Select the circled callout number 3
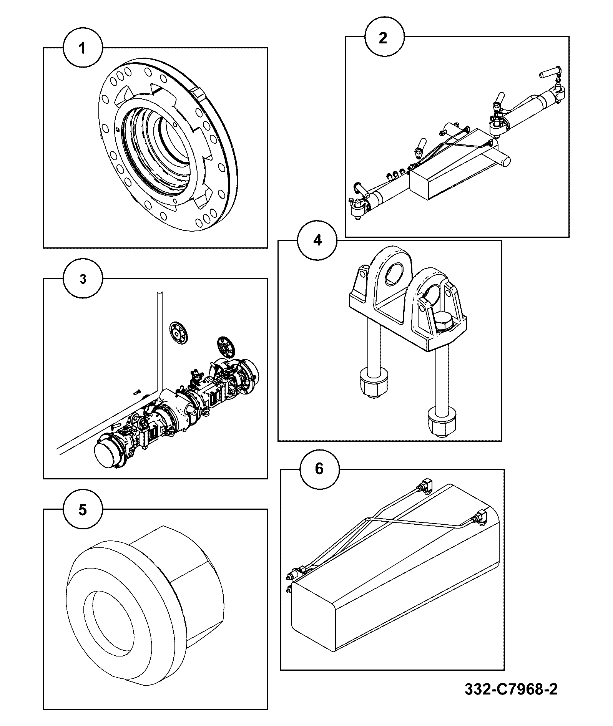click(x=83, y=279)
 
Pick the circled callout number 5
click(x=83, y=510)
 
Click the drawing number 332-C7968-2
click(x=511, y=690)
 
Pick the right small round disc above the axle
click(x=226, y=347)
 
